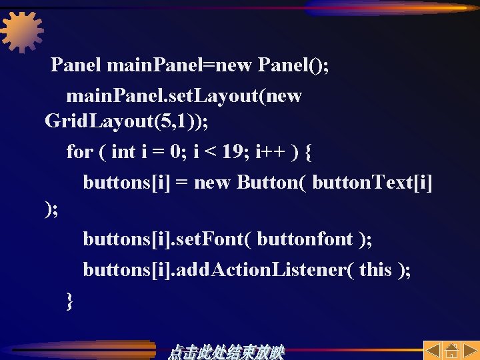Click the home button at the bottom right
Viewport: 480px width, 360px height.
(x=451, y=351)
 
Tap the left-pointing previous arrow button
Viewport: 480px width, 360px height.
(x=432, y=351)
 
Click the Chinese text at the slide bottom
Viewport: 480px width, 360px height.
(x=227, y=351)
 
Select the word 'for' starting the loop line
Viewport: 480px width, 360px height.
(x=79, y=152)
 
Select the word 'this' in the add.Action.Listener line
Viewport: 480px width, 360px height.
(x=375, y=269)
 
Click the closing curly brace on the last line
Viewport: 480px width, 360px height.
(x=70, y=301)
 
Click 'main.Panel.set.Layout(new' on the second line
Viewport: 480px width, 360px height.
(x=183, y=96)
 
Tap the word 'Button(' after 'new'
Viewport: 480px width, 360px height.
(x=273, y=182)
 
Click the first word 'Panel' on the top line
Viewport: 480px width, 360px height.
(x=76, y=65)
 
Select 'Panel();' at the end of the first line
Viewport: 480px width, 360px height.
(x=293, y=65)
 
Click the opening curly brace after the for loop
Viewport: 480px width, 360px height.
(x=307, y=152)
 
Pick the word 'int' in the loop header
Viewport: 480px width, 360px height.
(x=123, y=152)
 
